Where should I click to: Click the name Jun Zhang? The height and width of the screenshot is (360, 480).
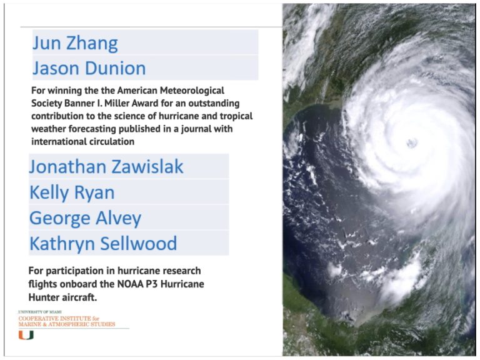click(75, 44)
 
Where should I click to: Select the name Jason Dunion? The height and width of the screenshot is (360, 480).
click(89, 68)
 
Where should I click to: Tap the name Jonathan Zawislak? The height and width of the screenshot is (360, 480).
click(106, 167)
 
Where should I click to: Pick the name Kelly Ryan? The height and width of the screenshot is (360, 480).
click(72, 193)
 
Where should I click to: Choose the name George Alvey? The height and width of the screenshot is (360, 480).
click(86, 219)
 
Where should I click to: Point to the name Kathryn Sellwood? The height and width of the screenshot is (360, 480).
click(103, 244)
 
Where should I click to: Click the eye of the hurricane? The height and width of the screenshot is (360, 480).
click(411, 142)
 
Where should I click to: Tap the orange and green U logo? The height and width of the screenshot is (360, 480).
click(26, 335)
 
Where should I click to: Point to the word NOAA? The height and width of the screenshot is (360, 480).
click(131, 284)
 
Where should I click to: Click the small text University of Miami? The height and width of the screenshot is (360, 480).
click(40, 312)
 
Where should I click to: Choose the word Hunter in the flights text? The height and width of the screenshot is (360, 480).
click(44, 297)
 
